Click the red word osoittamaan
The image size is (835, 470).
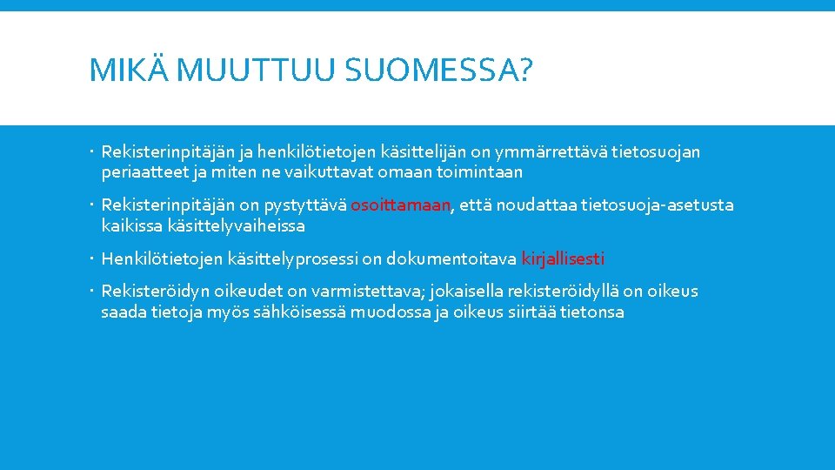(x=401, y=205)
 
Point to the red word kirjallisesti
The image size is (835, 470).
(x=563, y=258)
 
